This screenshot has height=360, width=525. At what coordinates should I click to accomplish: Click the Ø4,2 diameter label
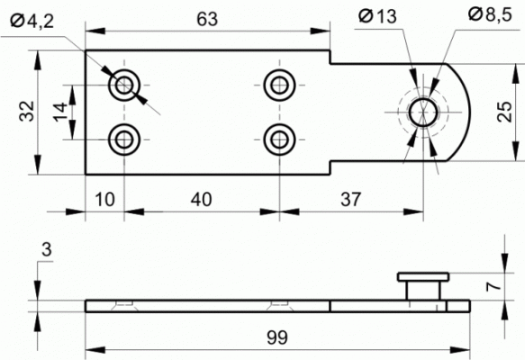(x=32, y=22)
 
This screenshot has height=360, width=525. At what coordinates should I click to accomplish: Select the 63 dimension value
(x=207, y=19)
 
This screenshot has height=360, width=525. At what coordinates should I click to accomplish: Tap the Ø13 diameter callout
(x=377, y=16)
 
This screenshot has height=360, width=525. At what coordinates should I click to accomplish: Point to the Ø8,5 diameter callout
(x=490, y=14)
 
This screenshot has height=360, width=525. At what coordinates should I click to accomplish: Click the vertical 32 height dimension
(x=27, y=111)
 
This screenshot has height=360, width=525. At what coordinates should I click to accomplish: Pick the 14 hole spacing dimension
(x=60, y=112)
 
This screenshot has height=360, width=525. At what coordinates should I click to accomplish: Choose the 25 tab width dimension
(x=504, y=112)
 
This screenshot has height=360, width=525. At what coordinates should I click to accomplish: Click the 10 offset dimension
(x=104, y=200)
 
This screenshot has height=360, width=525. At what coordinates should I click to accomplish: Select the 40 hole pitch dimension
(x=201, y=200)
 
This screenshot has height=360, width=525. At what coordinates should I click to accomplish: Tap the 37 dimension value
(x=351, y=200)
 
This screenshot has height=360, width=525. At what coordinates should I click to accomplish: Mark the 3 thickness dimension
(x=46, y=249)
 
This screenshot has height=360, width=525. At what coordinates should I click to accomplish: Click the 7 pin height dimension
(x=494, y=285)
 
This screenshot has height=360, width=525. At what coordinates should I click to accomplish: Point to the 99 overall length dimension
(x=277, y=337)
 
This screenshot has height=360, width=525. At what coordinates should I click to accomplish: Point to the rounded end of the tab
(x=469, y=112)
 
